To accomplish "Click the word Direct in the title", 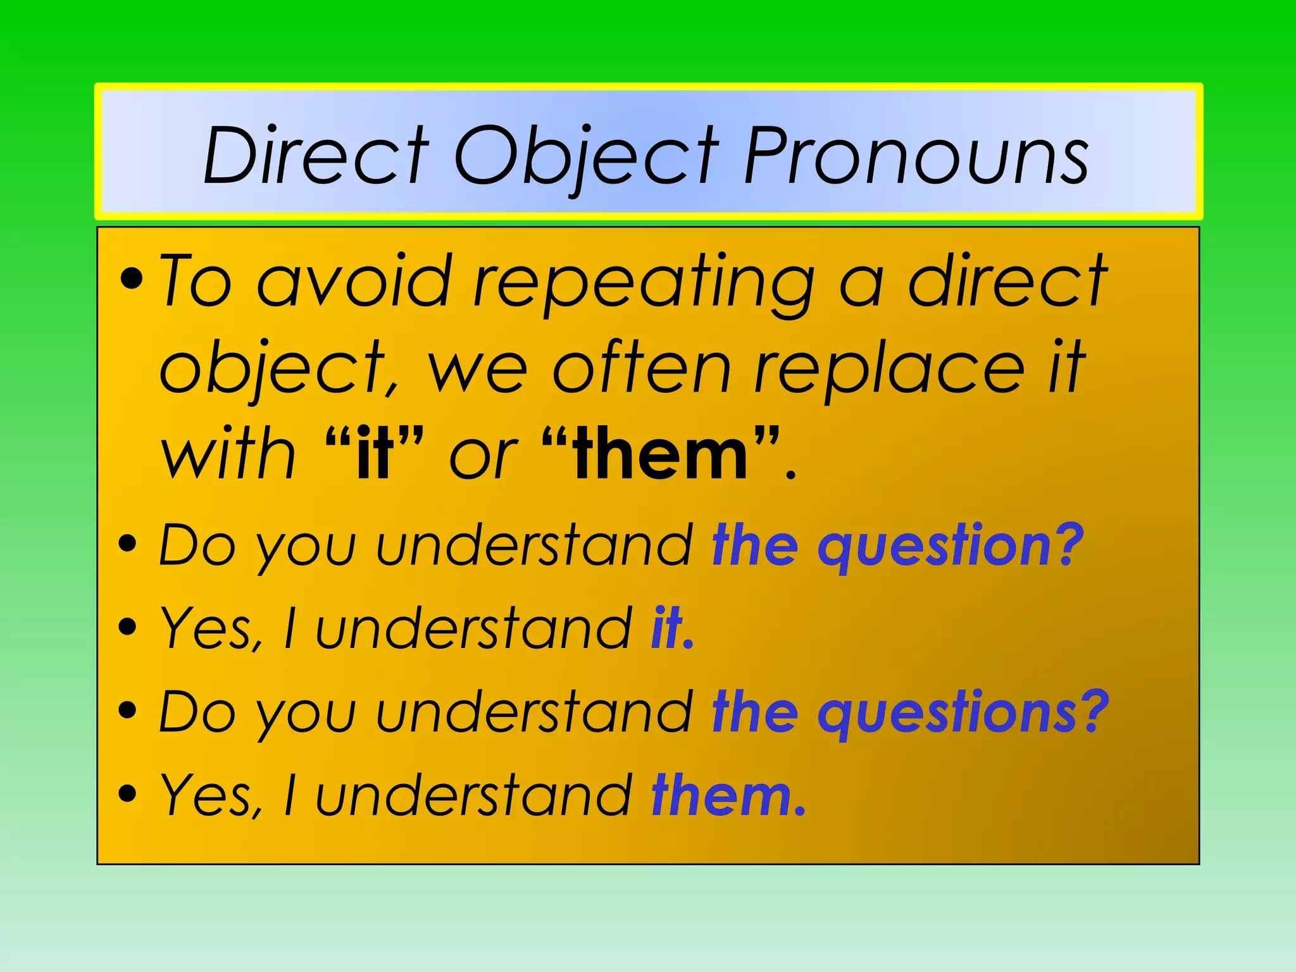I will (316, 156).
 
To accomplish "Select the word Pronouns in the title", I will (916, 156).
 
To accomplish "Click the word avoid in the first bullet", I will (354, 281).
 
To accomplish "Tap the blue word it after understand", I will (667, 628).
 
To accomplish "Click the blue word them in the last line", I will (721, 795).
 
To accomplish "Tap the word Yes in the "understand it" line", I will (209, 629).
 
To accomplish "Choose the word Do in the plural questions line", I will (196, 713).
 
